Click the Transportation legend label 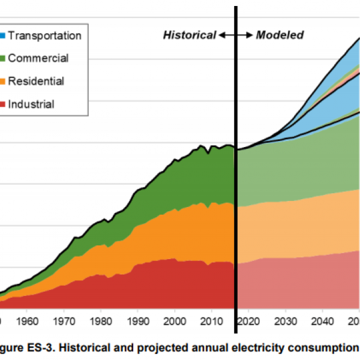tap(44, 35)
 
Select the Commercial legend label tap(38, 58)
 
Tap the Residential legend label tap(36, 81)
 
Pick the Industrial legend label tap(31, 104)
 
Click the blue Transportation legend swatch tap(2, 35)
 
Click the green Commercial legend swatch tap(2, 58)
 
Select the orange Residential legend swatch tap(2, 81)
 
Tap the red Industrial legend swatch tap(2, 104)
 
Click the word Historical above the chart tap(189, 35)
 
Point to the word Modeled tap(280, 35)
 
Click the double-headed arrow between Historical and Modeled tap(235, 35)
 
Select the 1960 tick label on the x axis tap(28, 320)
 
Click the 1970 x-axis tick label tap(64, 320)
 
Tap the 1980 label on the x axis tap(101, 320)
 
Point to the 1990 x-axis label tap(137, 320)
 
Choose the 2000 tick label tap(175, 320)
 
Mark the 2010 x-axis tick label tap(211, 320)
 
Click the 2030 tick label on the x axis tap(286, 320)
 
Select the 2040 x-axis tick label tap(322, 320)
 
